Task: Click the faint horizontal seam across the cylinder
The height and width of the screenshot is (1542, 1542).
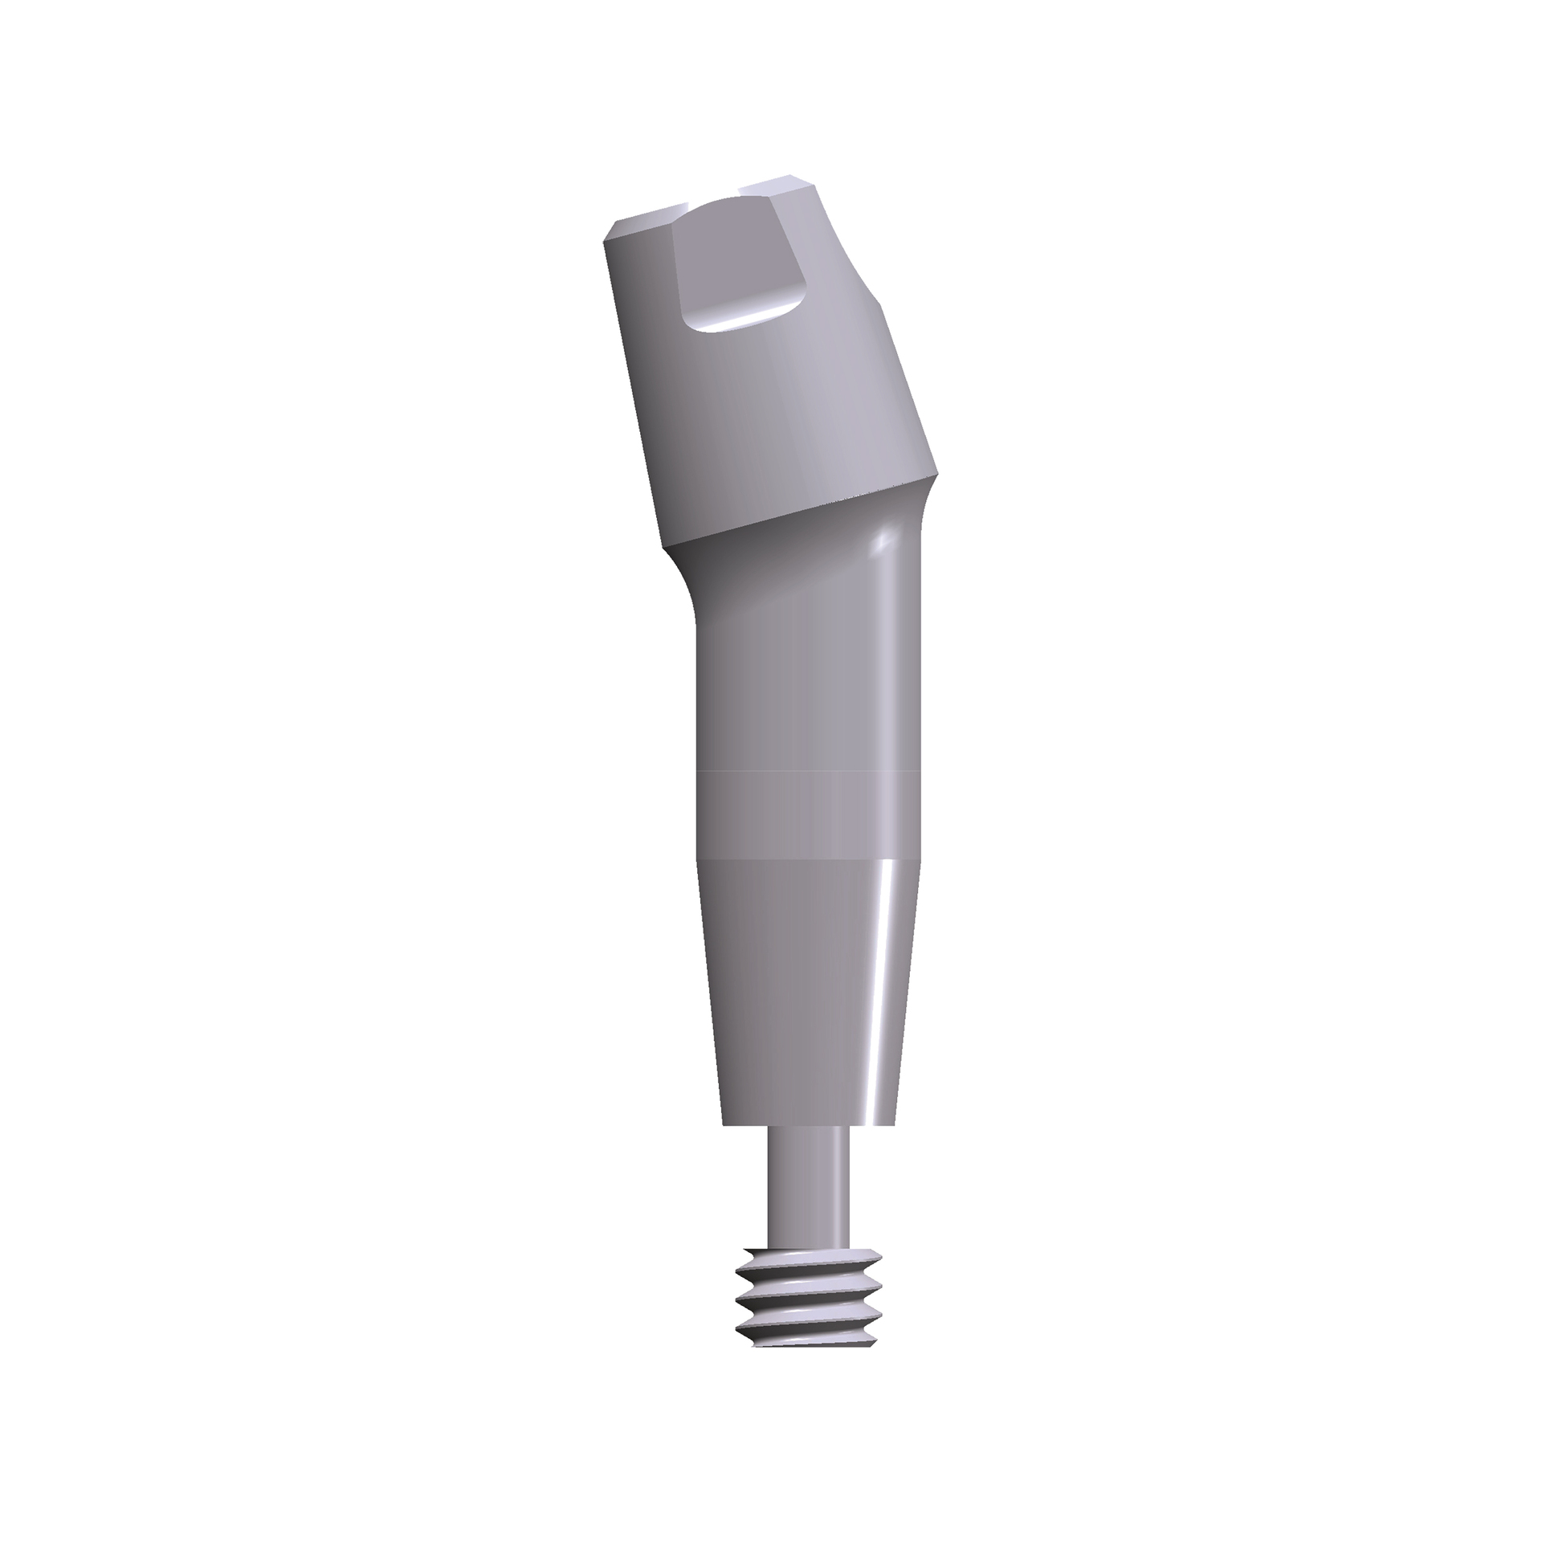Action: (x=807, y=772)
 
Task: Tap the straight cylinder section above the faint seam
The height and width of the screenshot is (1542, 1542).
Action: (x=807, y=691)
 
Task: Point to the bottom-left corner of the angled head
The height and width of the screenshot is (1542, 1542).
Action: (x=663, y=548)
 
